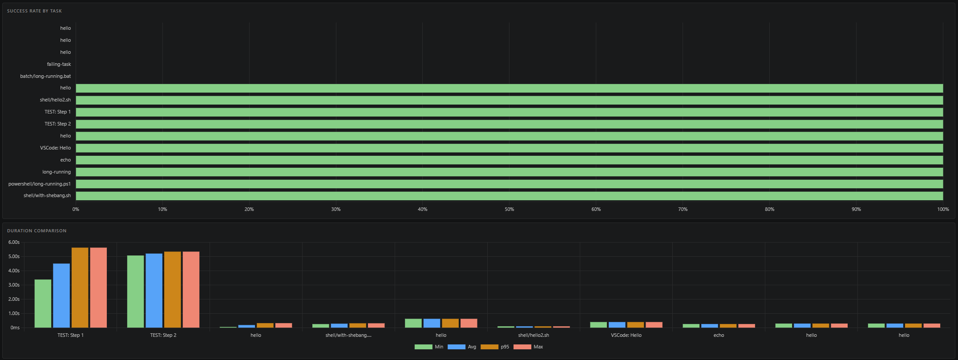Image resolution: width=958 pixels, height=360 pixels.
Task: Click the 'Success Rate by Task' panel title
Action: (x=34, y=11)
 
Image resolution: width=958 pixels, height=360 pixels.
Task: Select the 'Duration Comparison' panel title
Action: (x=36, y=231)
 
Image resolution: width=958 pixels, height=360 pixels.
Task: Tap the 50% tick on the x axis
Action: (x=509, y=209)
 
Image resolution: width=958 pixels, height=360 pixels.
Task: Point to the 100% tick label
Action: (x=942, y=209)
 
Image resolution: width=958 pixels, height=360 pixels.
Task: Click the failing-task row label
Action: (x=59, y=64)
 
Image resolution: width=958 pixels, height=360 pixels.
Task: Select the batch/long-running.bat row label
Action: (x=45, y=76)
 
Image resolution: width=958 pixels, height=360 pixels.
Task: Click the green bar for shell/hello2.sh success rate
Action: (x=509, y=100)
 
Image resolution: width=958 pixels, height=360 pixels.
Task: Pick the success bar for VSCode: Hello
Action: (x=509, y=148)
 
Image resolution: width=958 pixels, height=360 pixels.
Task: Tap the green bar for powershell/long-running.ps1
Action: (x=509, y=184)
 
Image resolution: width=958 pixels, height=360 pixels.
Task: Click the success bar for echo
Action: (x=509, y=160)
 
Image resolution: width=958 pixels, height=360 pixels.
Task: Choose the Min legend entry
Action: (x=429, y=347)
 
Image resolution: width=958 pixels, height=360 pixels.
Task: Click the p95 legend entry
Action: (x=495, y=347)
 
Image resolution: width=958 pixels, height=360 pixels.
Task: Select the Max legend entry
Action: (x=528, y=347)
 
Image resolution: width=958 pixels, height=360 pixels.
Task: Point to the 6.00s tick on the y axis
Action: (x=14, y=242)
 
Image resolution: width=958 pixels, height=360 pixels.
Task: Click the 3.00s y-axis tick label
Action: (x=14, y=285)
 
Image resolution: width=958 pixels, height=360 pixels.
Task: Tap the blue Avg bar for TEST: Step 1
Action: (x=61, y=295)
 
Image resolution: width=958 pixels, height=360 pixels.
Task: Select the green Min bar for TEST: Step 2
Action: (x=135, y=291)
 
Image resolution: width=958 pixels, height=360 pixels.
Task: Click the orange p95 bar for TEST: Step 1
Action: (x=80, y=287)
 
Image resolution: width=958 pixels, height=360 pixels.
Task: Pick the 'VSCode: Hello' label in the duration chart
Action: (x=626, y=335)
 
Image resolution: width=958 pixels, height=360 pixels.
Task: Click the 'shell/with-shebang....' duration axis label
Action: (x=348, y=335)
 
